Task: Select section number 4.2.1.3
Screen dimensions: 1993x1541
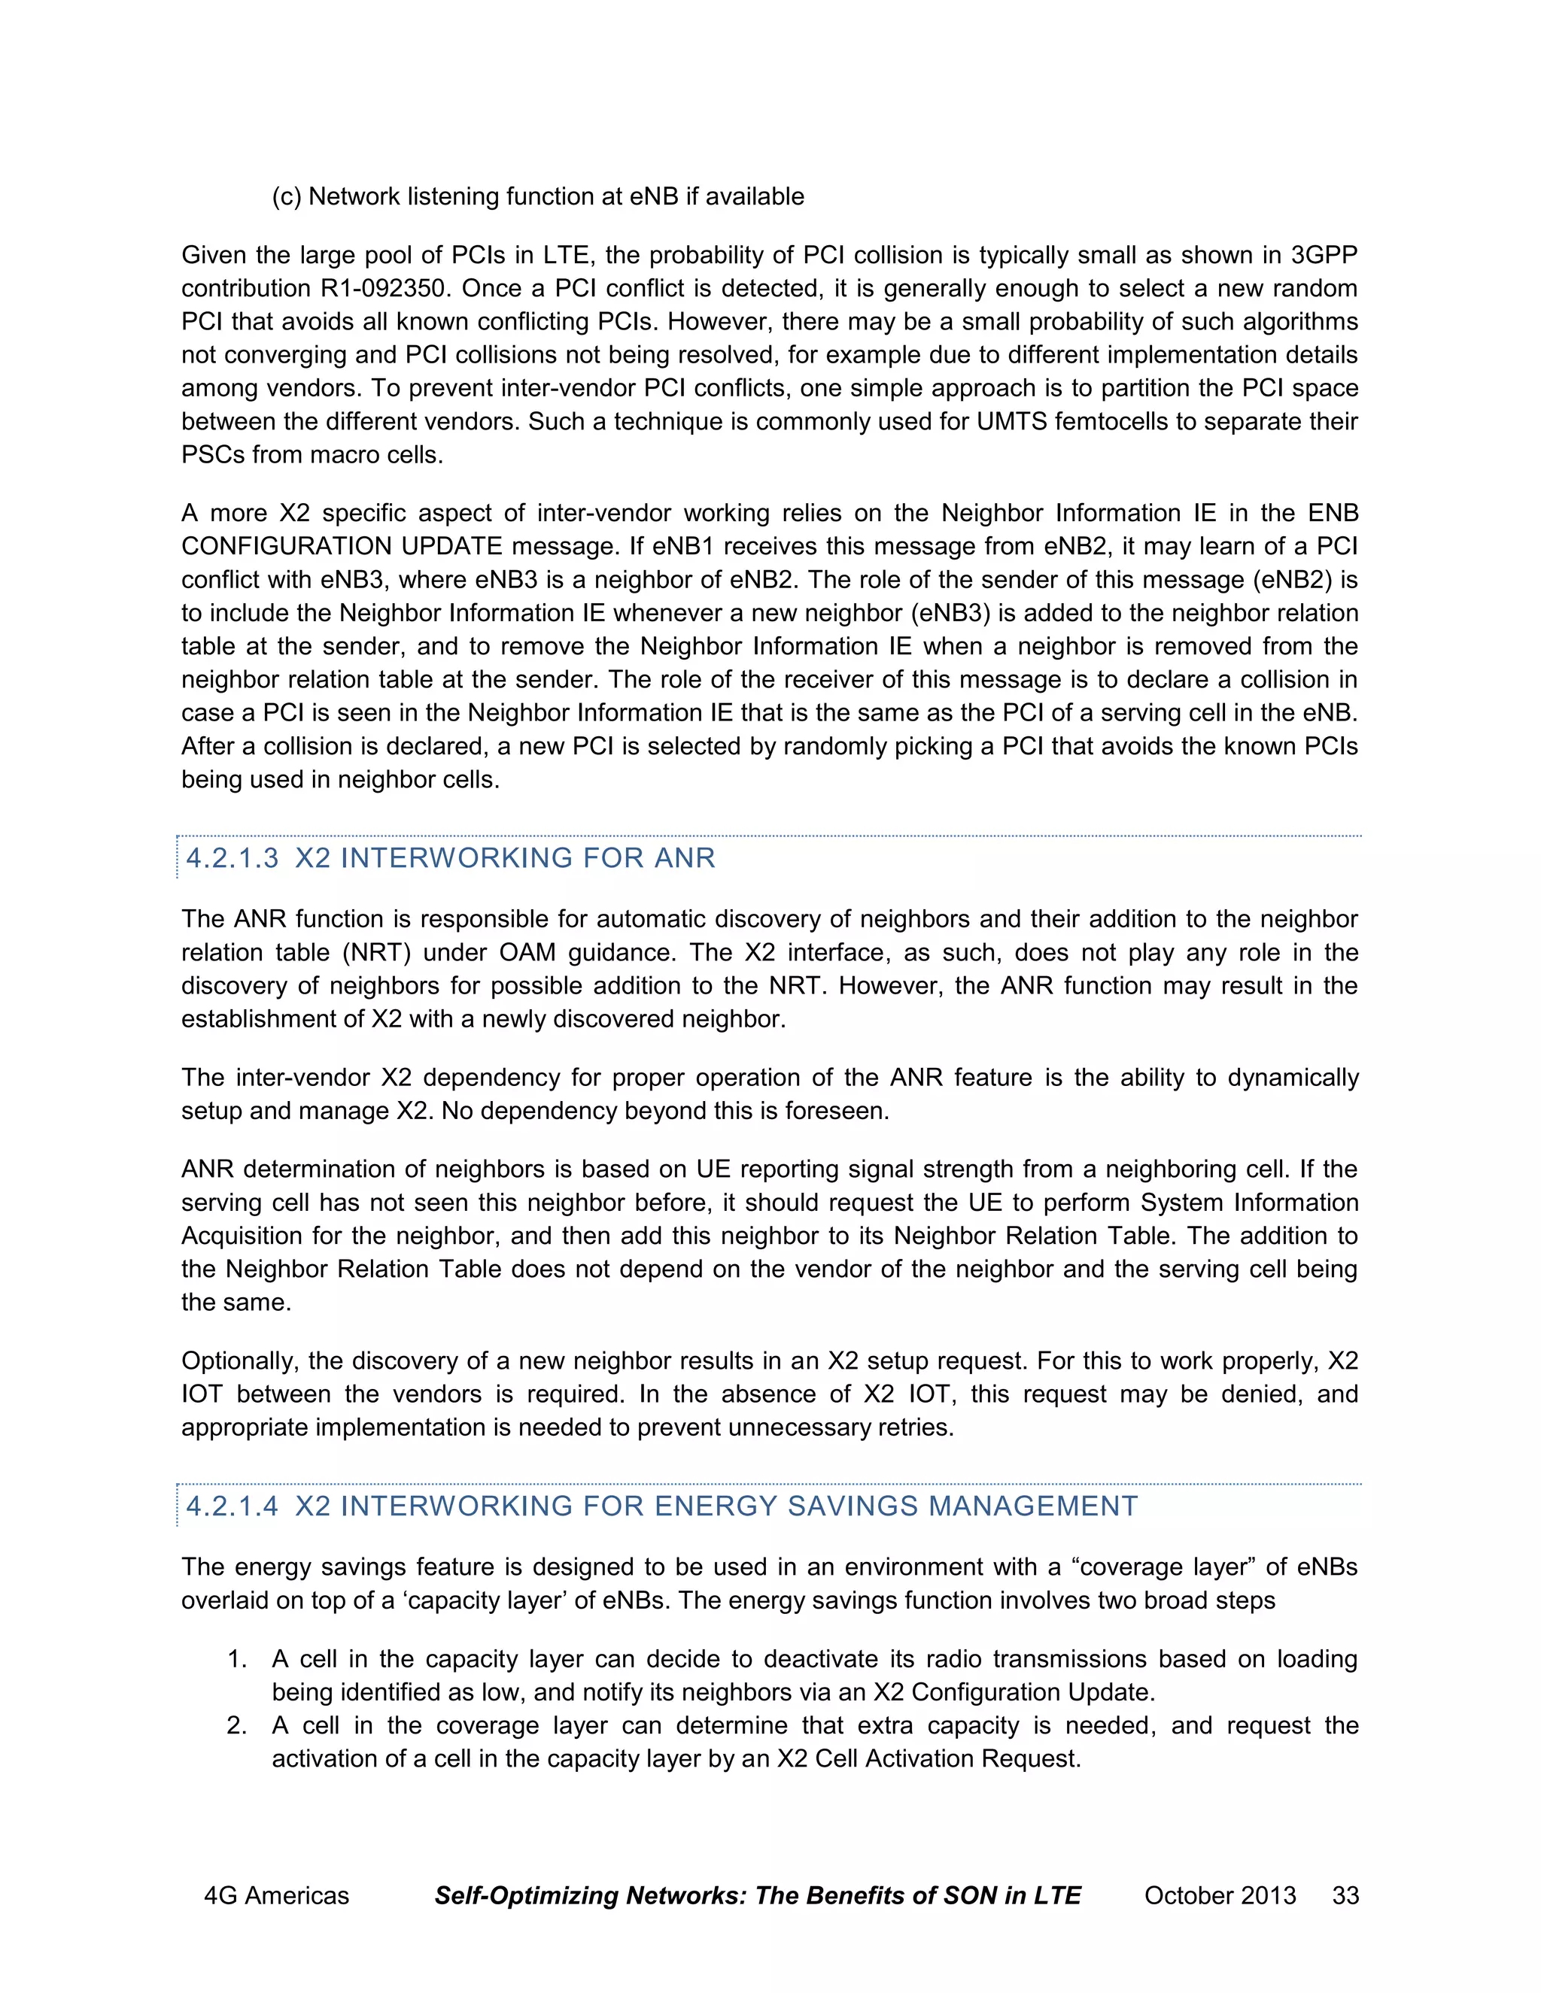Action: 232,858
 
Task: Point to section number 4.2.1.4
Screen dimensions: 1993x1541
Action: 232,1506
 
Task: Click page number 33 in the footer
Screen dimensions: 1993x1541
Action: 1345,1895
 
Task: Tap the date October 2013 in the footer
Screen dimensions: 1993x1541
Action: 1220,1895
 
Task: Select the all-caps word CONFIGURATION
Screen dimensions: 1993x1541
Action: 284,547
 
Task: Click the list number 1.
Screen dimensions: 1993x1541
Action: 236,1659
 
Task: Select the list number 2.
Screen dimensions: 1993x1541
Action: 236,1725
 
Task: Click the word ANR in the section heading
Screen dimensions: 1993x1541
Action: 685,858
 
